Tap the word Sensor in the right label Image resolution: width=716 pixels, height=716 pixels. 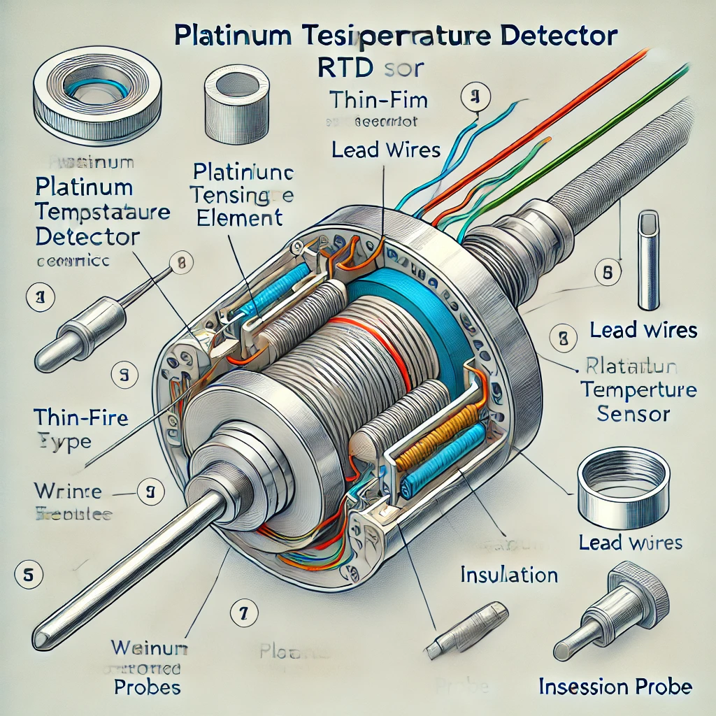[633, 413]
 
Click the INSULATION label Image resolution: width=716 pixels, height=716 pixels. [508, 575]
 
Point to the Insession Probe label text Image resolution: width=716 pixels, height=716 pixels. [615, 686]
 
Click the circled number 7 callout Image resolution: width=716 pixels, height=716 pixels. [242, 613]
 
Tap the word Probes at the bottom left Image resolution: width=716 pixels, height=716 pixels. [147, 686]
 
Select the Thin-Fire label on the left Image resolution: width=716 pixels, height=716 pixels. [80, 418]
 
